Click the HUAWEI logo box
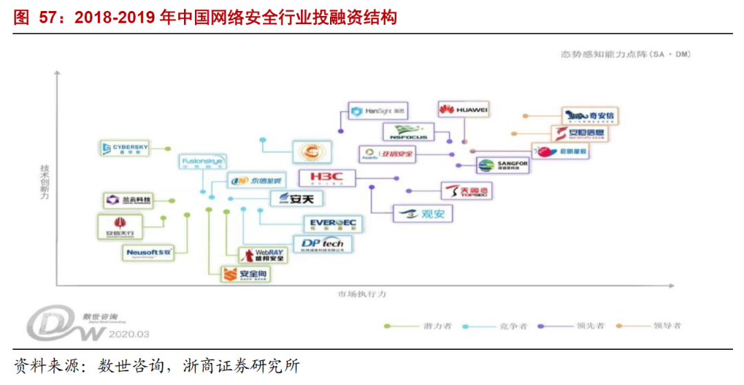click(464, 110)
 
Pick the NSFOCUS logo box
click(408, 132)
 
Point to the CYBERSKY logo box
click(125, 148)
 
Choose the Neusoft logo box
click(147, 253)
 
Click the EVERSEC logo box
click(332, 223)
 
